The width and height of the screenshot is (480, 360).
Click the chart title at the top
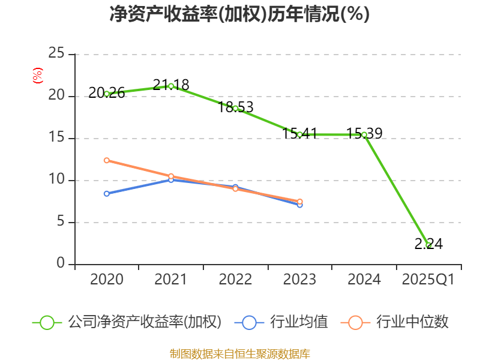coord(239,14)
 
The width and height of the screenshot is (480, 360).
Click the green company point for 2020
coord(107,94)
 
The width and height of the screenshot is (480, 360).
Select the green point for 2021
coord(171,86)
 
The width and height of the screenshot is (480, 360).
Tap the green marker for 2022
coord(235,108)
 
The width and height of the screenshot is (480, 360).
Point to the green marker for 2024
coord(364,135)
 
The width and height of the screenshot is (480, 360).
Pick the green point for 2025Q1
coord(428,245)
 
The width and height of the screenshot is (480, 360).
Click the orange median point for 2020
coord(107,160)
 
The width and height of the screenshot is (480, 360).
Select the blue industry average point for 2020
coord(107,193)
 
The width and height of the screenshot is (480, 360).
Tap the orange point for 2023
coord(299,202)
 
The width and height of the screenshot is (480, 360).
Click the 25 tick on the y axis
coord(56,54)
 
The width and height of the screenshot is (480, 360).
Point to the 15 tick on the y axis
coord(56,138)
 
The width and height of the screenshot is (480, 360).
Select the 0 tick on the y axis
coord(61,264)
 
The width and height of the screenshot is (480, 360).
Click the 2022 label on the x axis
coord(235,280)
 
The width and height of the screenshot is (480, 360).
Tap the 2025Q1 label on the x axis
coord(428,280)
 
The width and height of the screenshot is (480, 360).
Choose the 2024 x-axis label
coord(364,280)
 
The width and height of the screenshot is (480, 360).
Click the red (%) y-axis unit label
coord(38,76)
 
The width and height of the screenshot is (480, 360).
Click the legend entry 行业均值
coord(282,322)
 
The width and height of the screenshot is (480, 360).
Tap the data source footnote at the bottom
coord(239,353)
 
